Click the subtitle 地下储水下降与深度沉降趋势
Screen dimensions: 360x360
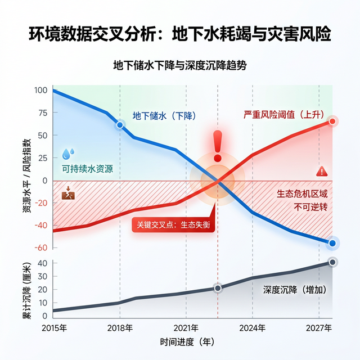tap(180, 65)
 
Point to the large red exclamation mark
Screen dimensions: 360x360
tap(218, 145)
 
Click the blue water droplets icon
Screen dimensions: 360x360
tap(68, 153)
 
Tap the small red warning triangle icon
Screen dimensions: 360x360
tap(321, 171)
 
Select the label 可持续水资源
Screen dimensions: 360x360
tap(87, 169)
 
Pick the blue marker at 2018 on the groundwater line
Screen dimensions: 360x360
tap(119, 125)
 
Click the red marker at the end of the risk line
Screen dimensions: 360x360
tap(332, 121)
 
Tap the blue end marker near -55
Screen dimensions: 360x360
tap(332, 243)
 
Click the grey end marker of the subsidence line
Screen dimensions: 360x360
tap(332, 262)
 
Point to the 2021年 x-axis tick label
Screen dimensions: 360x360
tap(186, 328)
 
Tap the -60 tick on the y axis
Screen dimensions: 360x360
tap(41, 248)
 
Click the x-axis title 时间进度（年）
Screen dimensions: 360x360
tap(186, 342)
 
